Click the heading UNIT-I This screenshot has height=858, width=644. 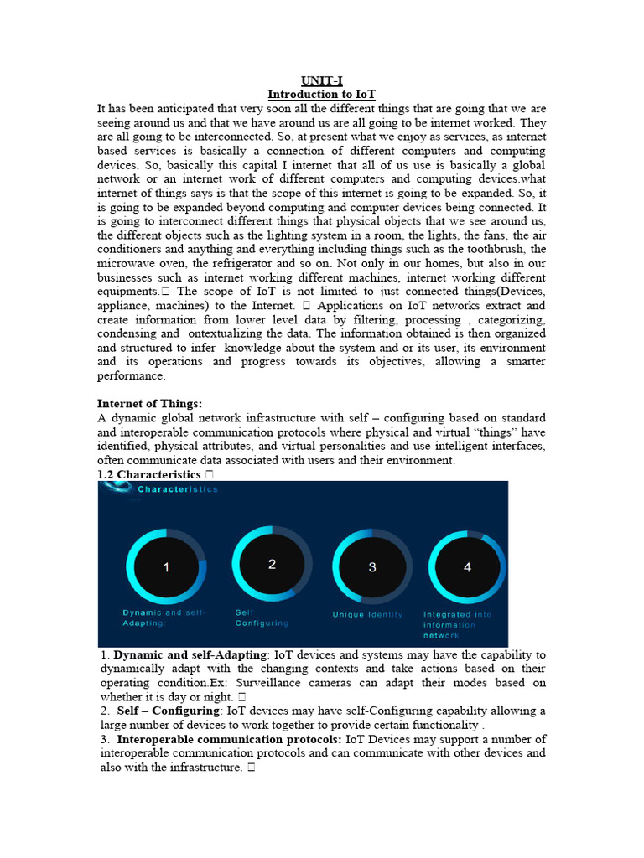click(x=322, y=81)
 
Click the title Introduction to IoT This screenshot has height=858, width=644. click(x=321, y=95)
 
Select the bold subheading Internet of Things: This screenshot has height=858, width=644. click(x=150, y=404)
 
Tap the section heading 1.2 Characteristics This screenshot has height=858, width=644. click(x=150, y=474)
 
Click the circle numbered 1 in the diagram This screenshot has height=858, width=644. click(x=166, y=567)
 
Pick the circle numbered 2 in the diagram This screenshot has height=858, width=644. click(x=272, y=565)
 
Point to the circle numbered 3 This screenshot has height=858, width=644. click(x=372, y=567)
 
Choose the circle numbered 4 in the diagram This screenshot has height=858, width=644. click(x=467, y=567)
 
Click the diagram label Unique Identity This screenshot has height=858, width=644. click(x=367, y=614)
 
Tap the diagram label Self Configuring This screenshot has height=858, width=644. click(x=261, y=618)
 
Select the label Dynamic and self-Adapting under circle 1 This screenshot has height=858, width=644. click(x=164, y=618)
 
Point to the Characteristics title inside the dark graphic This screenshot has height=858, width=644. click(x=177, y=489)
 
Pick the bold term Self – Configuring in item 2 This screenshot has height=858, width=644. click(x=169, y=711)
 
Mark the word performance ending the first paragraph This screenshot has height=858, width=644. click(x=131, y=376)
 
